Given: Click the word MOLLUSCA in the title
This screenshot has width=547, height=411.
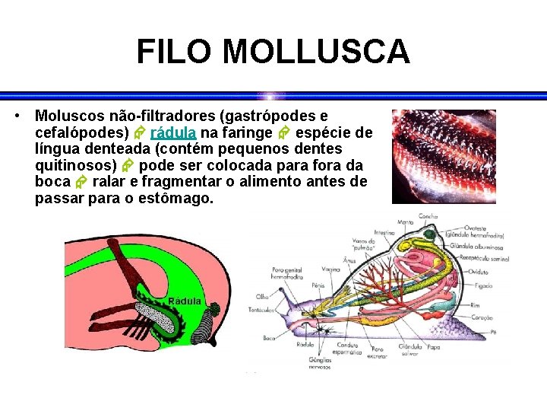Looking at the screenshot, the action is pyautogui.click(x=316, y=53).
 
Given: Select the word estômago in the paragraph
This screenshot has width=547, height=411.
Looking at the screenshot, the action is pyautogui.click(x=175, y=199).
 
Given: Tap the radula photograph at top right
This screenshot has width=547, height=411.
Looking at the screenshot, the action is pyautogui.click(x=444, y=156).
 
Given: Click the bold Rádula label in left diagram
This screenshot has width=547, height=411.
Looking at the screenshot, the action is pyautogui.click(x=185, y=301).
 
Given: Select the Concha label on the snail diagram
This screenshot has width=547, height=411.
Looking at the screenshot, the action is pyautogui.click(x=428, y=217).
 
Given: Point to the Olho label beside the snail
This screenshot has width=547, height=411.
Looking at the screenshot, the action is pyautogui.click(x=262, y=296).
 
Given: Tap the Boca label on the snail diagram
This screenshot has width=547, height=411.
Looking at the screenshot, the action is pyautogui.click(x=267, y=337).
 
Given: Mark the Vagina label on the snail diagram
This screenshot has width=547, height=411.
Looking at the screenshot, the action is pyautogui.click(x=330, y=269).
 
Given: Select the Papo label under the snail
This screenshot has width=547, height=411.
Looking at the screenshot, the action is pyautogui.click(x=433, y=347).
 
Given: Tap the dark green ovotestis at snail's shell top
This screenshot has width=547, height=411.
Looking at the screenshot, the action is pyautogui.click(x=430, y=236).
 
